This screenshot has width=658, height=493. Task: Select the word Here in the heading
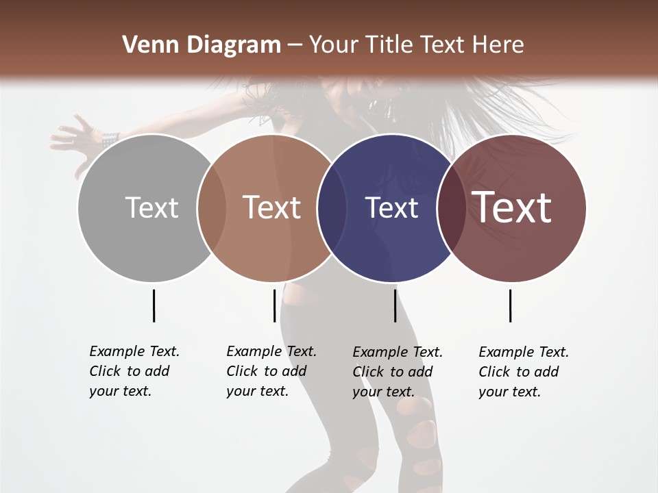point(498,45)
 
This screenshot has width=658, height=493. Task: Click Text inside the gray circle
point(151,207)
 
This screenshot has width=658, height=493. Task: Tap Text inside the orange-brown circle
point(271,207)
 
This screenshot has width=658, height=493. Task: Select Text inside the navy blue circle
point(391,207)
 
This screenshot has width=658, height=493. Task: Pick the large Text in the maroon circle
point(512,207)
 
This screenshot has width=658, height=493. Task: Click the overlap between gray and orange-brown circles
point(212,207)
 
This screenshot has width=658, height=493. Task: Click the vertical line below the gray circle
point(154,305)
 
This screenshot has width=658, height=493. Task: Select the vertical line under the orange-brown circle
point(274,305)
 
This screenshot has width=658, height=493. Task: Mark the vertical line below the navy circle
point(395,305)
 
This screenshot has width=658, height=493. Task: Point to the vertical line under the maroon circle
point(510,305)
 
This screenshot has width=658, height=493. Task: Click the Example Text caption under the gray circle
point(134,371)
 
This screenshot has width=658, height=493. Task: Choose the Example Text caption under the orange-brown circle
point(271,371)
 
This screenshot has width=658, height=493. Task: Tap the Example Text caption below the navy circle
point(397,372)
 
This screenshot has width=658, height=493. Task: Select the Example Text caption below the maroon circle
point(523,372)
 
